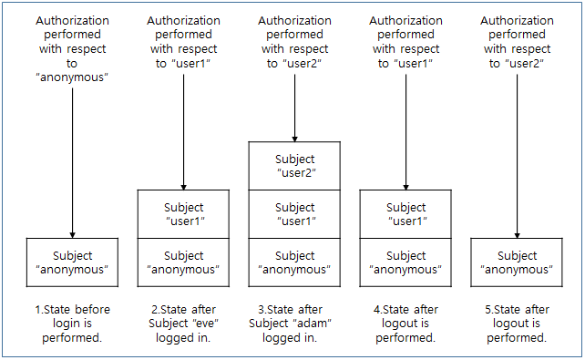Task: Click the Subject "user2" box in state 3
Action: click(294, 165)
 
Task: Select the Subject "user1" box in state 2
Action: click(183, 214)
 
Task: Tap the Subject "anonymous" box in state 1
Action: click(72, 262)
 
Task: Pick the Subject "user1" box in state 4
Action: click(405, 214)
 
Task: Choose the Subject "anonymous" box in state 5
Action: click(517, 262)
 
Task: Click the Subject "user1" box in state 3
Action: click(294, 214)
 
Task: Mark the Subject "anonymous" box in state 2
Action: click(183, 262)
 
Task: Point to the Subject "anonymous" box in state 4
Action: click(405, 262)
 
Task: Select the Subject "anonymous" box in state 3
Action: click(294, 262)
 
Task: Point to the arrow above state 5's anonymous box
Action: click(517, 155)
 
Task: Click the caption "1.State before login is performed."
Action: click(72, 324)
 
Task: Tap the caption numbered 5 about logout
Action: click(517, 324)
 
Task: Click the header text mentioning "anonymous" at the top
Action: click(72, 46)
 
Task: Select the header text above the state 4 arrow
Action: click(405, 41)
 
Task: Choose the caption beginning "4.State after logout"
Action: click(405, 324)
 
